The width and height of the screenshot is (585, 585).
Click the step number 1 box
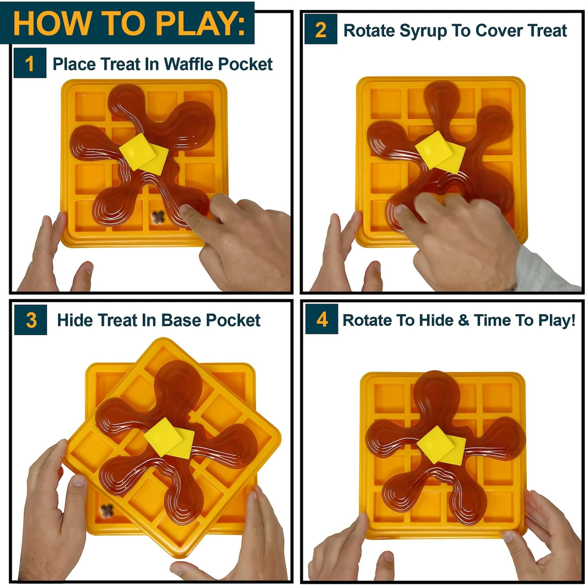point(30,63)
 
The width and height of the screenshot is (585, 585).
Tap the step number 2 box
point(321,30)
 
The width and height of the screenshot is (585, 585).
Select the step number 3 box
point(31,320)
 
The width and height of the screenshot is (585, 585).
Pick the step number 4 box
point(322,319)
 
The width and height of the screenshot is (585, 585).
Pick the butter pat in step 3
point(169,438)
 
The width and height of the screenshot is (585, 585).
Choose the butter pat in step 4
point(441,445)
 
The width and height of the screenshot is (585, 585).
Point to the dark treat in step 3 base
point(106,510)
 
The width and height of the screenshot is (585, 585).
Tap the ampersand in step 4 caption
point(464,320)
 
